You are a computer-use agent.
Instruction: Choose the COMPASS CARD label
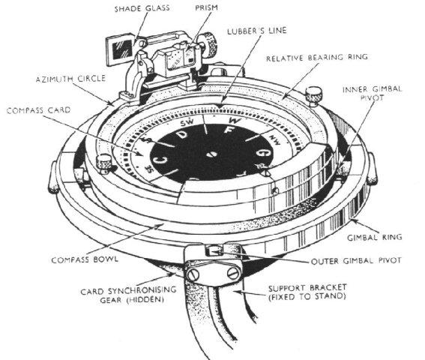(37, 110)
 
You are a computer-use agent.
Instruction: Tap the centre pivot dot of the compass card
(213, 155)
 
